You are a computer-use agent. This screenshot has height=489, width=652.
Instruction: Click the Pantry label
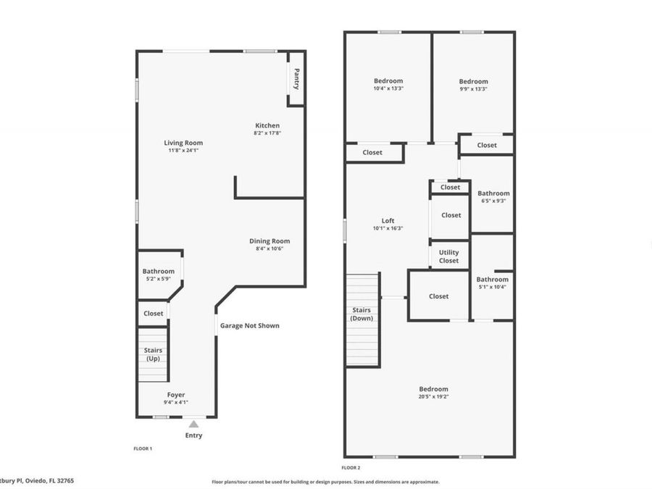(x=296, y=79)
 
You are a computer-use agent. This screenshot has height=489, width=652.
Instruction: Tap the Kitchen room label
(x=267, y=126)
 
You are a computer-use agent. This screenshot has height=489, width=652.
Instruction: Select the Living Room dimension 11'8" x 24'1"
(x=183, y=151)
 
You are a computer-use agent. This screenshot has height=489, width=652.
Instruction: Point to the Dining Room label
(x=269, y=241)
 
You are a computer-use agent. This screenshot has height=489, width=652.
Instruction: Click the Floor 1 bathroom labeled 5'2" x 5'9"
(x=158, y=275)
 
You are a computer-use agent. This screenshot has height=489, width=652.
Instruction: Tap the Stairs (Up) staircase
(x=153, y=354)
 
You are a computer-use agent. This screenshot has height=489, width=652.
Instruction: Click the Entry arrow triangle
(x=193, y=424)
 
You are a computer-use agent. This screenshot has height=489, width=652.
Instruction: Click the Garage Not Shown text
(x=250, y=326)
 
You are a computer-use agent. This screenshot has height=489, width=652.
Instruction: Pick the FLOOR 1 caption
(x=143, y=449)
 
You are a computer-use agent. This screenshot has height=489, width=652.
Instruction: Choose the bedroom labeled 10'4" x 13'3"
(x=388, y=84)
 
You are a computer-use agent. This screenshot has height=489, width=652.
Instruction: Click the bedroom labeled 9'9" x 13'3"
(x=473, y=85)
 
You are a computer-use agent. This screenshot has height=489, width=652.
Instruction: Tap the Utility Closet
(x=449, y=256)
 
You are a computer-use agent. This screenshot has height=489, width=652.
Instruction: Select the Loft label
(x=388, y=221)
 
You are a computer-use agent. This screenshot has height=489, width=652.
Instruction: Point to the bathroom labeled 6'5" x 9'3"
(x=493, y=196)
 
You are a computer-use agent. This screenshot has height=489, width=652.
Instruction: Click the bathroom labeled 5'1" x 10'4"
(x=492, y=283)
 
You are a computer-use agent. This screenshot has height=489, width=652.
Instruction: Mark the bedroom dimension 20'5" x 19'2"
(x=433, y=396)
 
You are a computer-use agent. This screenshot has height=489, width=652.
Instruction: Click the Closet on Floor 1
(x=153, y=314)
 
